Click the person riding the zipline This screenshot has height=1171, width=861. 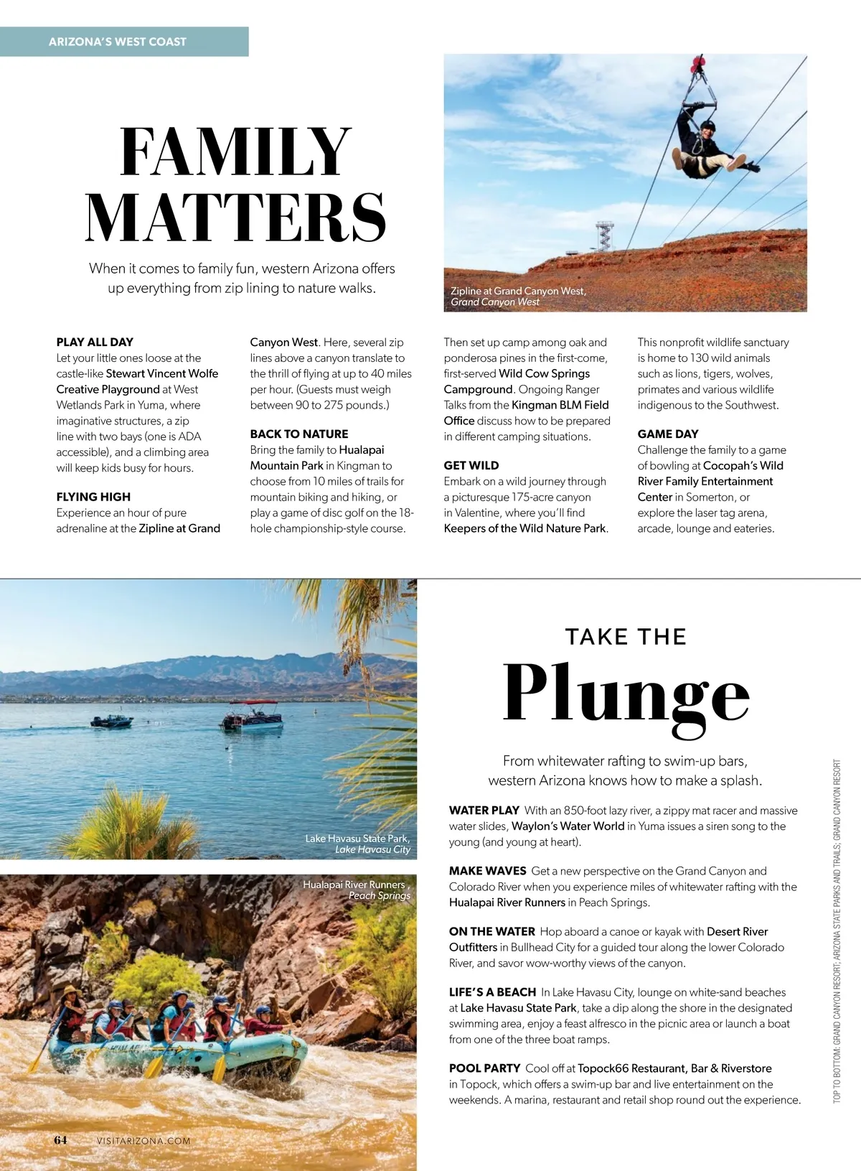(x=707, y=144)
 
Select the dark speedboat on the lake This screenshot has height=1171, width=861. (x=112, y=721)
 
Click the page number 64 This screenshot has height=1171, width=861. (x=60, y=1140)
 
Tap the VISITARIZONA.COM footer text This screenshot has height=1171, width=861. (x=143, y=1141)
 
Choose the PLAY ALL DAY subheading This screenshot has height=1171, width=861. (x=95, y=342)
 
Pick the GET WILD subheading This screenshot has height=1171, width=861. (x=471, y=465)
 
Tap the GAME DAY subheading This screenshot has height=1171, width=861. (x=667, y=434)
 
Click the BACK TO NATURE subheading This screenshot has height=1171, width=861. (x=298, y=434)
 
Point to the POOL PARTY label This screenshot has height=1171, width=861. (x=484, y=1068)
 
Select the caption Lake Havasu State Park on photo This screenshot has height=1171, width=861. (x=357, y=839)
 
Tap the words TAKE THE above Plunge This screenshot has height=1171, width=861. (x=626, y=637)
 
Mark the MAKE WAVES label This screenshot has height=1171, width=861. (x=487, y=871)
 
